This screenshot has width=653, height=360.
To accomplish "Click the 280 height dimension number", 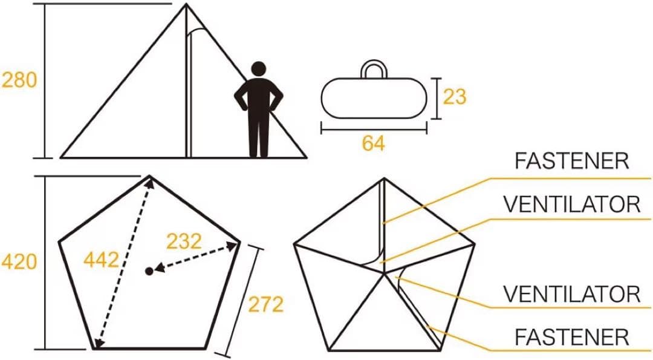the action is (19, 80).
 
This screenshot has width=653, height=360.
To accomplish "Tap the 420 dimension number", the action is (19, 262).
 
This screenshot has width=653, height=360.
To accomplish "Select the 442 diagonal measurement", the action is (101, 260).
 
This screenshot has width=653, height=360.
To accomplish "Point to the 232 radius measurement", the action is (184, 241).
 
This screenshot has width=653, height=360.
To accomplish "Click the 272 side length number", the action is (265, 304).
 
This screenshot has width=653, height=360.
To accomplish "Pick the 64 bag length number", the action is (374, 143).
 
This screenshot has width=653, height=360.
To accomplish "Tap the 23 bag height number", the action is (454, 97).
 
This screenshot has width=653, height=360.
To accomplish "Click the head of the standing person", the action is (259, 69).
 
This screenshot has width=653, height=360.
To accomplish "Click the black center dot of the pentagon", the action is (149, 271).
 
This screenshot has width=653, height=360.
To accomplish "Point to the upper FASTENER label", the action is (572, 161).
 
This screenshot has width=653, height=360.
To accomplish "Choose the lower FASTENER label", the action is (572, 337).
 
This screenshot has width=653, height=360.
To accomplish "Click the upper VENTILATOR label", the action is (572, 204).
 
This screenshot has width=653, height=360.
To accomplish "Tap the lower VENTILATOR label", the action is (572, 294).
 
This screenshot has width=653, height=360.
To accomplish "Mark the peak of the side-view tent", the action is (186, 4).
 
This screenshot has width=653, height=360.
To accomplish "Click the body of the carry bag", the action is (374, 98).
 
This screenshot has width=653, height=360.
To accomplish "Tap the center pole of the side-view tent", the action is (188, 83).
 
